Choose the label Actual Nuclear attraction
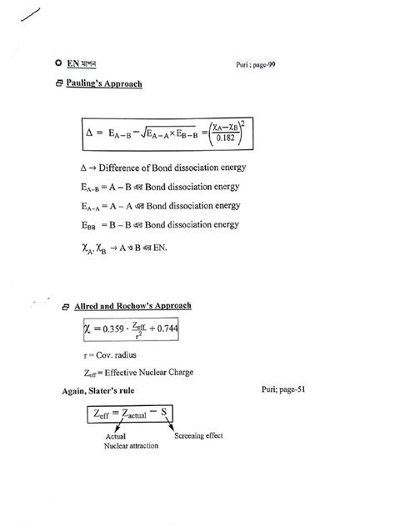[x=131, y=441]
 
